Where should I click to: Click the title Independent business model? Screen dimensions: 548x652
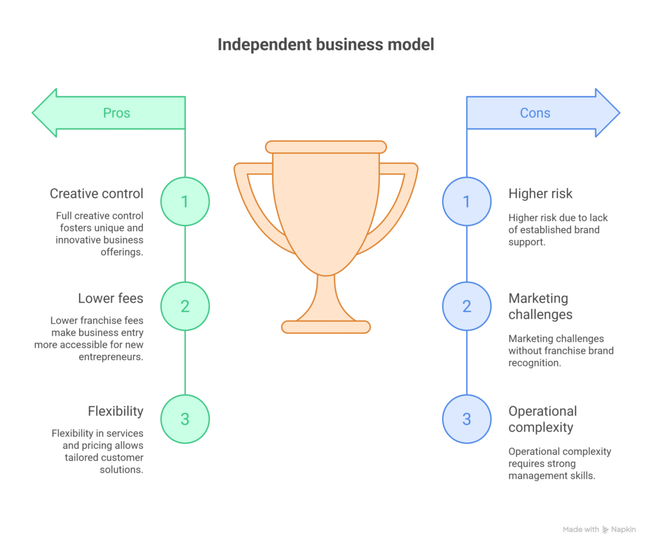[326, 45]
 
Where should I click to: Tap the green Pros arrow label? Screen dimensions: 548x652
[117, 113]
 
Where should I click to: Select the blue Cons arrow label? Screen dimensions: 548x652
[535, 113]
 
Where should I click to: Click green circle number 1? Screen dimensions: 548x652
[185, 201]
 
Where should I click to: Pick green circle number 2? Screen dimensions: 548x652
[185, 306]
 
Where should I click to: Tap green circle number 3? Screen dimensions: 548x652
[185, 419]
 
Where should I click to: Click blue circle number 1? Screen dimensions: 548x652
[467, 201]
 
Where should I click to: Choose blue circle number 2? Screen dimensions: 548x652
[467, 306]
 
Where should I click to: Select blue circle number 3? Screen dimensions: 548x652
[467, 419]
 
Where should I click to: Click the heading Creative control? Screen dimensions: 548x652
[97, 194]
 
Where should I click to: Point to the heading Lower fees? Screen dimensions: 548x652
[111, 298]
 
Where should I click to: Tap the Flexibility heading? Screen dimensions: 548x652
[116, 411]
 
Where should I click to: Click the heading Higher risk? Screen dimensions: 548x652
[541, 194]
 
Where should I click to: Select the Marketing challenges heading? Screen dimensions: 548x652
[540, 306]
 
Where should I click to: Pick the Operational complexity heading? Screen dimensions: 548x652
[542, 419]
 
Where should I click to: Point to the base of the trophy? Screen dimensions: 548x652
[326, 327]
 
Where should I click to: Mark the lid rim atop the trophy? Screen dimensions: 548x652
[326, 147]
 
